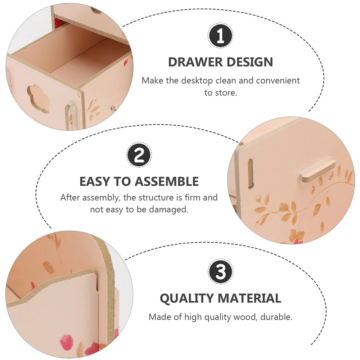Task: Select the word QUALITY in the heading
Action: pos(186,298)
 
